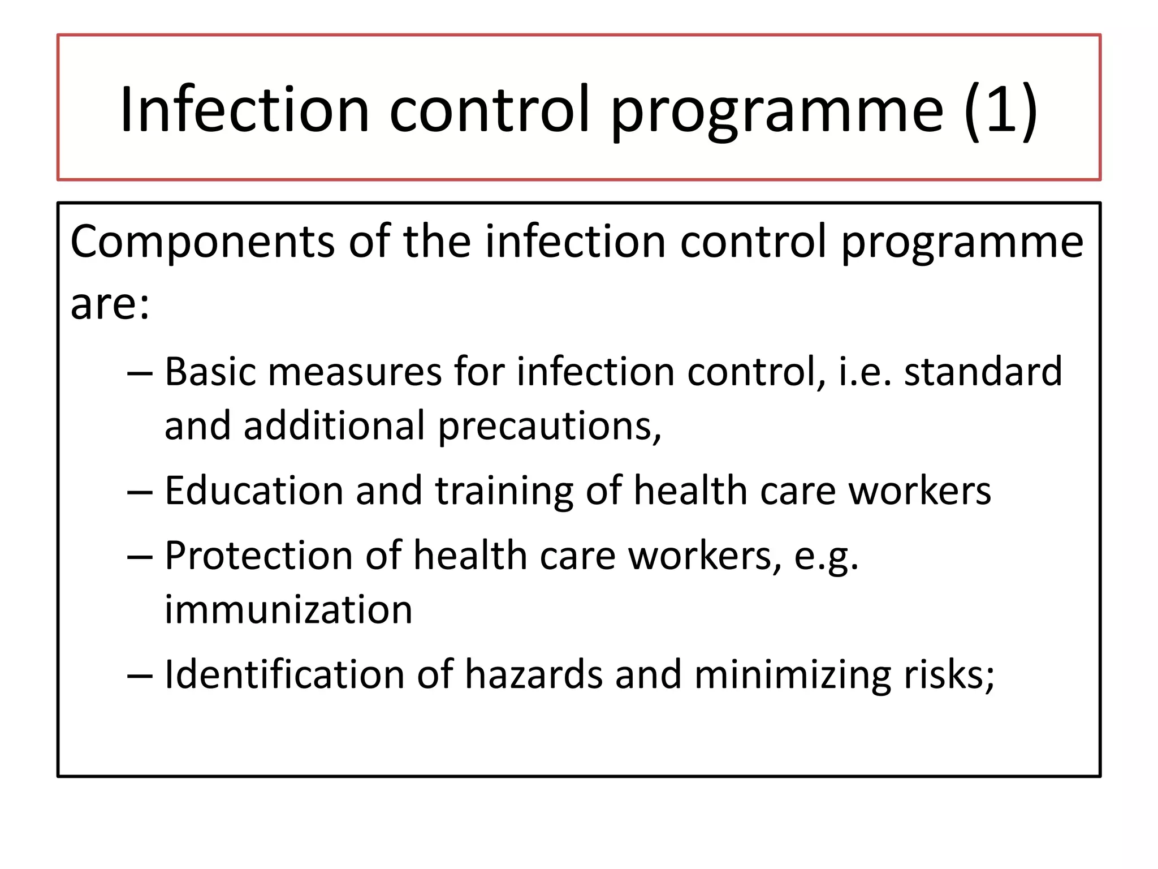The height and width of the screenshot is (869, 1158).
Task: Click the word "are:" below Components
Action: (x=110, y=304)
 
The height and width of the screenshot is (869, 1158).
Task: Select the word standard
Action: (x=983, y=372)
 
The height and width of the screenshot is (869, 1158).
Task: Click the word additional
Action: (x=334, y=425)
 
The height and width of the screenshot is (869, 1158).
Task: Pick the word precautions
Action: (x=549, y=427)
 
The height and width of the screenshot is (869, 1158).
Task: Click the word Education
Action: (x=254, y=491)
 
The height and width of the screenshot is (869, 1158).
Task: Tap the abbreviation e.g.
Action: (x=826, y=557)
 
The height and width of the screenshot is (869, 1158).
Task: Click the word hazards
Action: (x=534, y=674)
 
